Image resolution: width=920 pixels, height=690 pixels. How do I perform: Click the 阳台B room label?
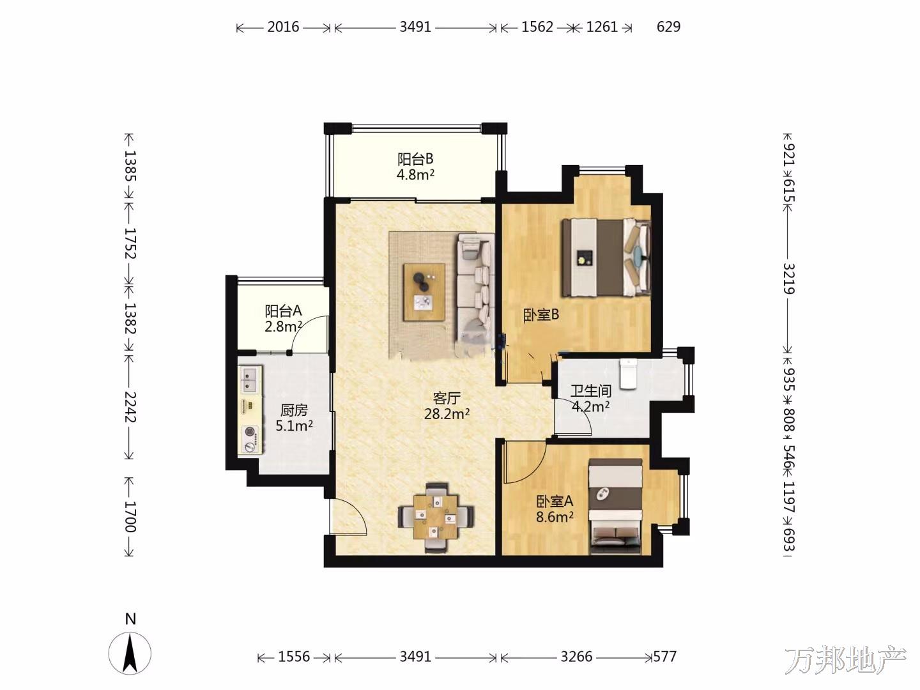coord(415,159)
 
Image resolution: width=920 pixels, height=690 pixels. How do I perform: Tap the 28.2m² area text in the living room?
coord(447,414)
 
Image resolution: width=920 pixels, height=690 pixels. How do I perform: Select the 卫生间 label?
coord(591,391)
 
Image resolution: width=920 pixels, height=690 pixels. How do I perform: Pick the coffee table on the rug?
coord(424,292)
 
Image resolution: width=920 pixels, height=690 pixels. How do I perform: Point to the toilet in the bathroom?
coord(628,373)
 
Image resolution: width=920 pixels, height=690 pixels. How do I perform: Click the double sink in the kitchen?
coord(250,379)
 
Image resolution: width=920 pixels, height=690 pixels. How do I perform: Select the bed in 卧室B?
coord(606,257)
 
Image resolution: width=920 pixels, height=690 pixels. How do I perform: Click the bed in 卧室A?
coord(615,507)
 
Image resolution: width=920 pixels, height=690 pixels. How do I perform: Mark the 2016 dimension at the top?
coord(283,27)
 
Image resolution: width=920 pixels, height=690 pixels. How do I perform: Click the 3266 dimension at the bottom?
coord(576,657)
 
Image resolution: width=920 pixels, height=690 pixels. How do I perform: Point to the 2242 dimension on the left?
coord(130,407)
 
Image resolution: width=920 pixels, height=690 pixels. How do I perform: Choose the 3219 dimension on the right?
coord(789,279)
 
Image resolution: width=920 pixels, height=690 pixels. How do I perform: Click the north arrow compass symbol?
coord(130,654)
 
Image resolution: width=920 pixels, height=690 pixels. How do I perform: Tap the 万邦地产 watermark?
coord(845,661)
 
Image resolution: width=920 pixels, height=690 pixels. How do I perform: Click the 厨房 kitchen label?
coord(294,410)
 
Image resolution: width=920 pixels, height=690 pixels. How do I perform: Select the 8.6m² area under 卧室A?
coord(555,517)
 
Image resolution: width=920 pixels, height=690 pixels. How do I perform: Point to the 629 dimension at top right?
coord(668,27)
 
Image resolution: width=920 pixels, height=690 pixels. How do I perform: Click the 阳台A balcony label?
coord(283,311)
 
